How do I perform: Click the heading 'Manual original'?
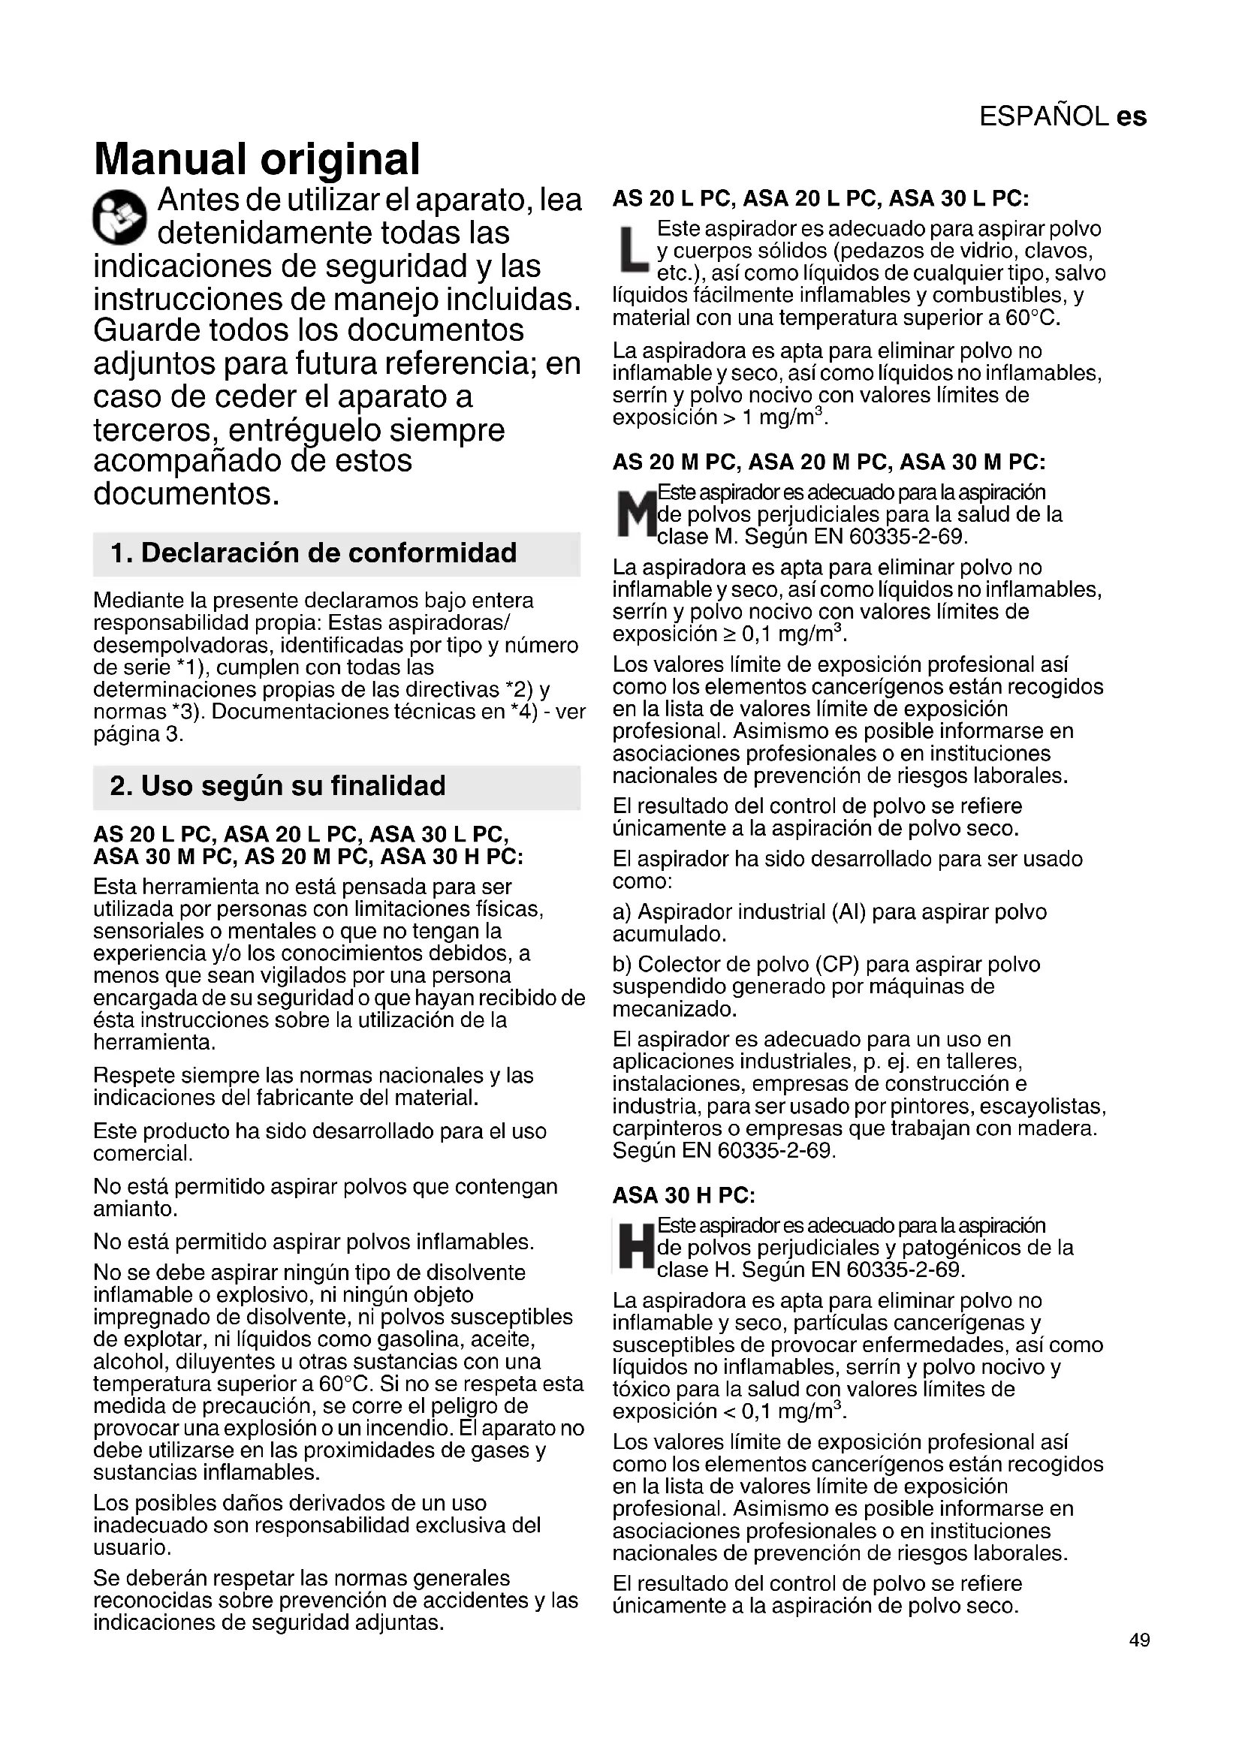[256, 159]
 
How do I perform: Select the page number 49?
[1139, 1640]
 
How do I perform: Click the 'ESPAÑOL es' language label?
[1063, 116]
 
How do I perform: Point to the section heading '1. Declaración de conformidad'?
[314, 553]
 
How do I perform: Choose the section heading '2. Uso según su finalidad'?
[278, 786]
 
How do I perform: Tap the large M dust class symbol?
[634, 515]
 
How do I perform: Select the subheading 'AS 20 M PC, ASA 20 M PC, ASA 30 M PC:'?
[828, 462]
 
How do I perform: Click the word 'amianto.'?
[135, 1209]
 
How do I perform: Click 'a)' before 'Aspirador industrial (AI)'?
[622, 911]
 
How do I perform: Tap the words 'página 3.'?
[138, 734]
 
